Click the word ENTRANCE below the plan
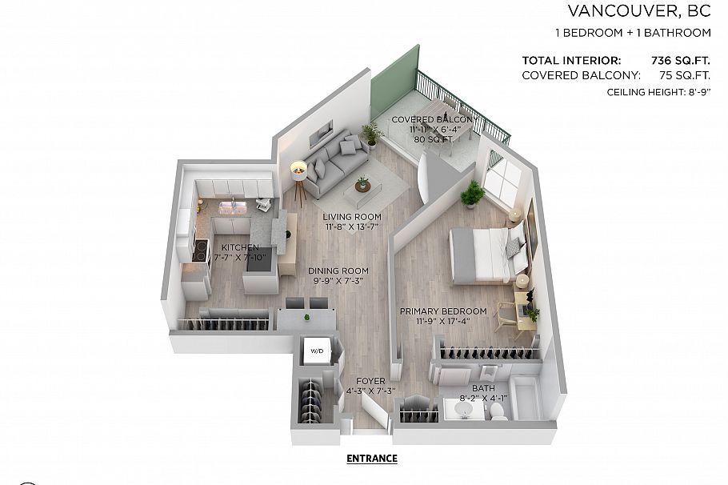[x=371, y=459]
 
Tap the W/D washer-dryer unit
[x=317, y=351]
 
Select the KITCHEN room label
[x=241, y=247]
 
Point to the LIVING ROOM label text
[x=352, y=217]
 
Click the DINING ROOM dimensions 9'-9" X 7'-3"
[x=340, y=282]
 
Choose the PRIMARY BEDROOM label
[x=442, y=311]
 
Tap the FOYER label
[x=370, y=381]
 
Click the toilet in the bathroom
[x=497, y=409]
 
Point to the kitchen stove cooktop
[x=199, y=249]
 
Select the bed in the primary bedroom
[x=484, y=254]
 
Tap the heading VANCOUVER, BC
[x=638, y=11]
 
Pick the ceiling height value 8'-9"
[x=692, y=93]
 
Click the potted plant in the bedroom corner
[x=473, y=193]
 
